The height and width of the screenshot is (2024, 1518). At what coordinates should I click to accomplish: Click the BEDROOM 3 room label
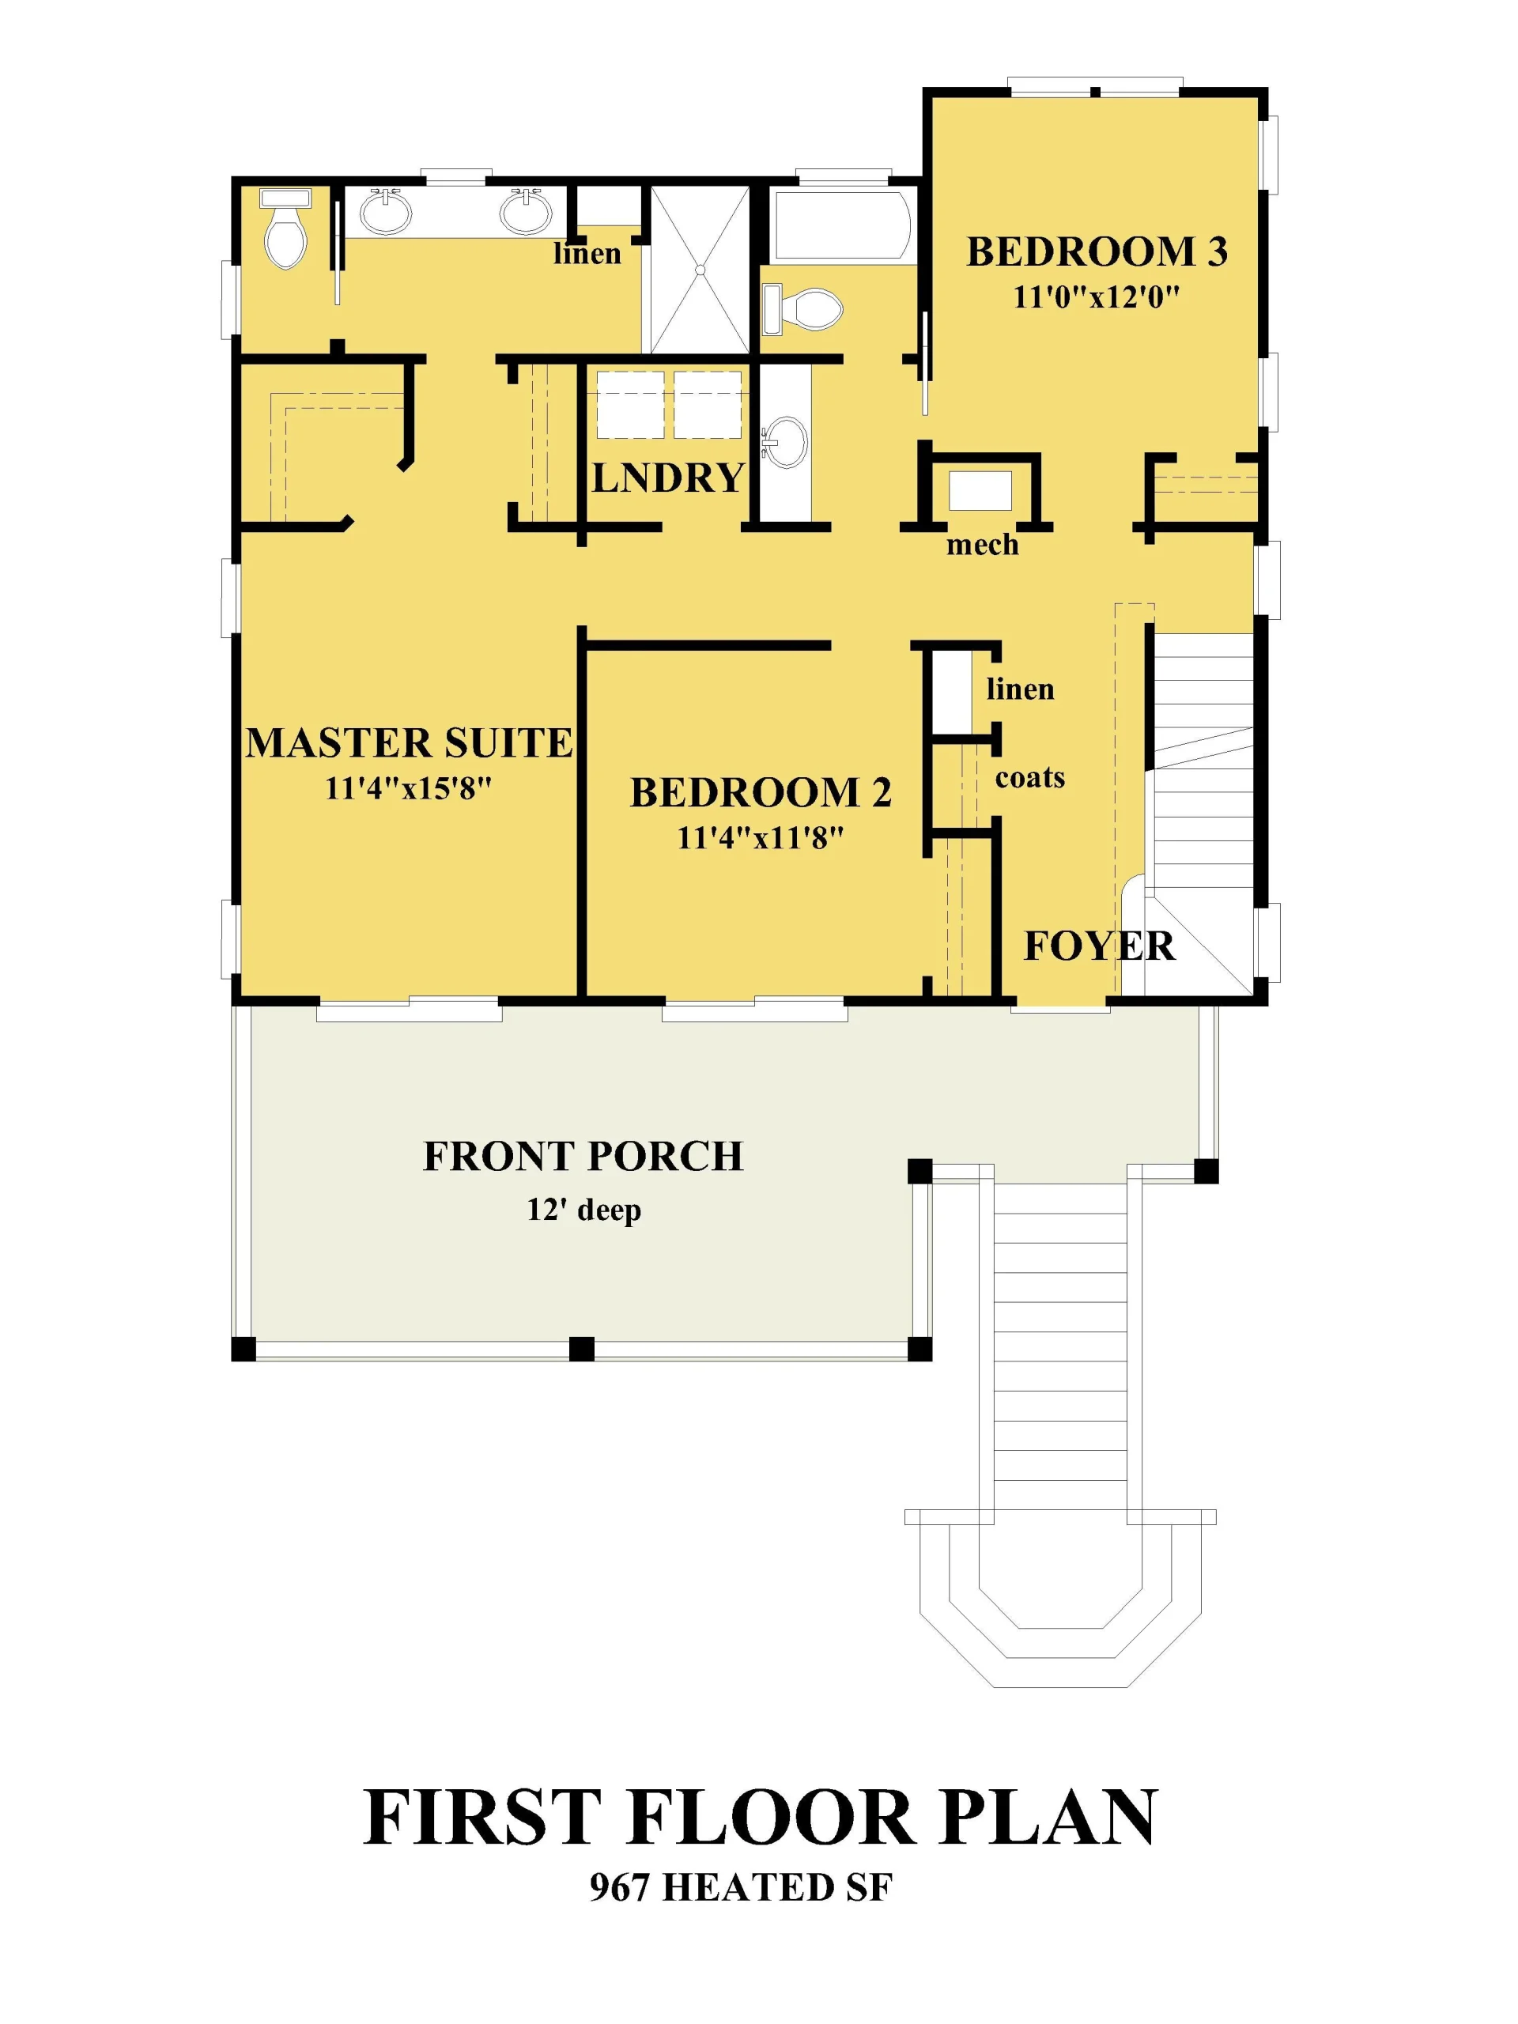(1096, 251)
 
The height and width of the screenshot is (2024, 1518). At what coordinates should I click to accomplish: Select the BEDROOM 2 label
(761, 792)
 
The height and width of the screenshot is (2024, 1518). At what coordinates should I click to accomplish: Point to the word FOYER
(1099, 946)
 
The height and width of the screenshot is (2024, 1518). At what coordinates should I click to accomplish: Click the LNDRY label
(668, 478)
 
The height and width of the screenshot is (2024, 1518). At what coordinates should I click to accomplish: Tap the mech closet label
(982, 546)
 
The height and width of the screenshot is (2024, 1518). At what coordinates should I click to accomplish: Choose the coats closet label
(1030, 778)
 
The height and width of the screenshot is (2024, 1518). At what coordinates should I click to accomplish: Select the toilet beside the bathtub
(802, 309)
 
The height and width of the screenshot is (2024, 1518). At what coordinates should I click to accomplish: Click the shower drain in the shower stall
(699, 270)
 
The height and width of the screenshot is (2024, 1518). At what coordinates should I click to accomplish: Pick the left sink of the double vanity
(386, 211)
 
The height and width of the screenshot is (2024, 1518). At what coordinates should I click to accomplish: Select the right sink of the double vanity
(526, 211)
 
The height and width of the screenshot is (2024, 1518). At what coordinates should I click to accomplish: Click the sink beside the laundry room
(784, 442)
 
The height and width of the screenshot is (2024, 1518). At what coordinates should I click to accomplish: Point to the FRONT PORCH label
(583, 1157)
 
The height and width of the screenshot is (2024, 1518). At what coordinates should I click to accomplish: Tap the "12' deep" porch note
(583, 1210)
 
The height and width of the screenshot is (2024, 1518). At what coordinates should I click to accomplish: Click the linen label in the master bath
(587, 254)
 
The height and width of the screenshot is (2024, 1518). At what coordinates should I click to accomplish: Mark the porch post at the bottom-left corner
(244, 1349)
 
